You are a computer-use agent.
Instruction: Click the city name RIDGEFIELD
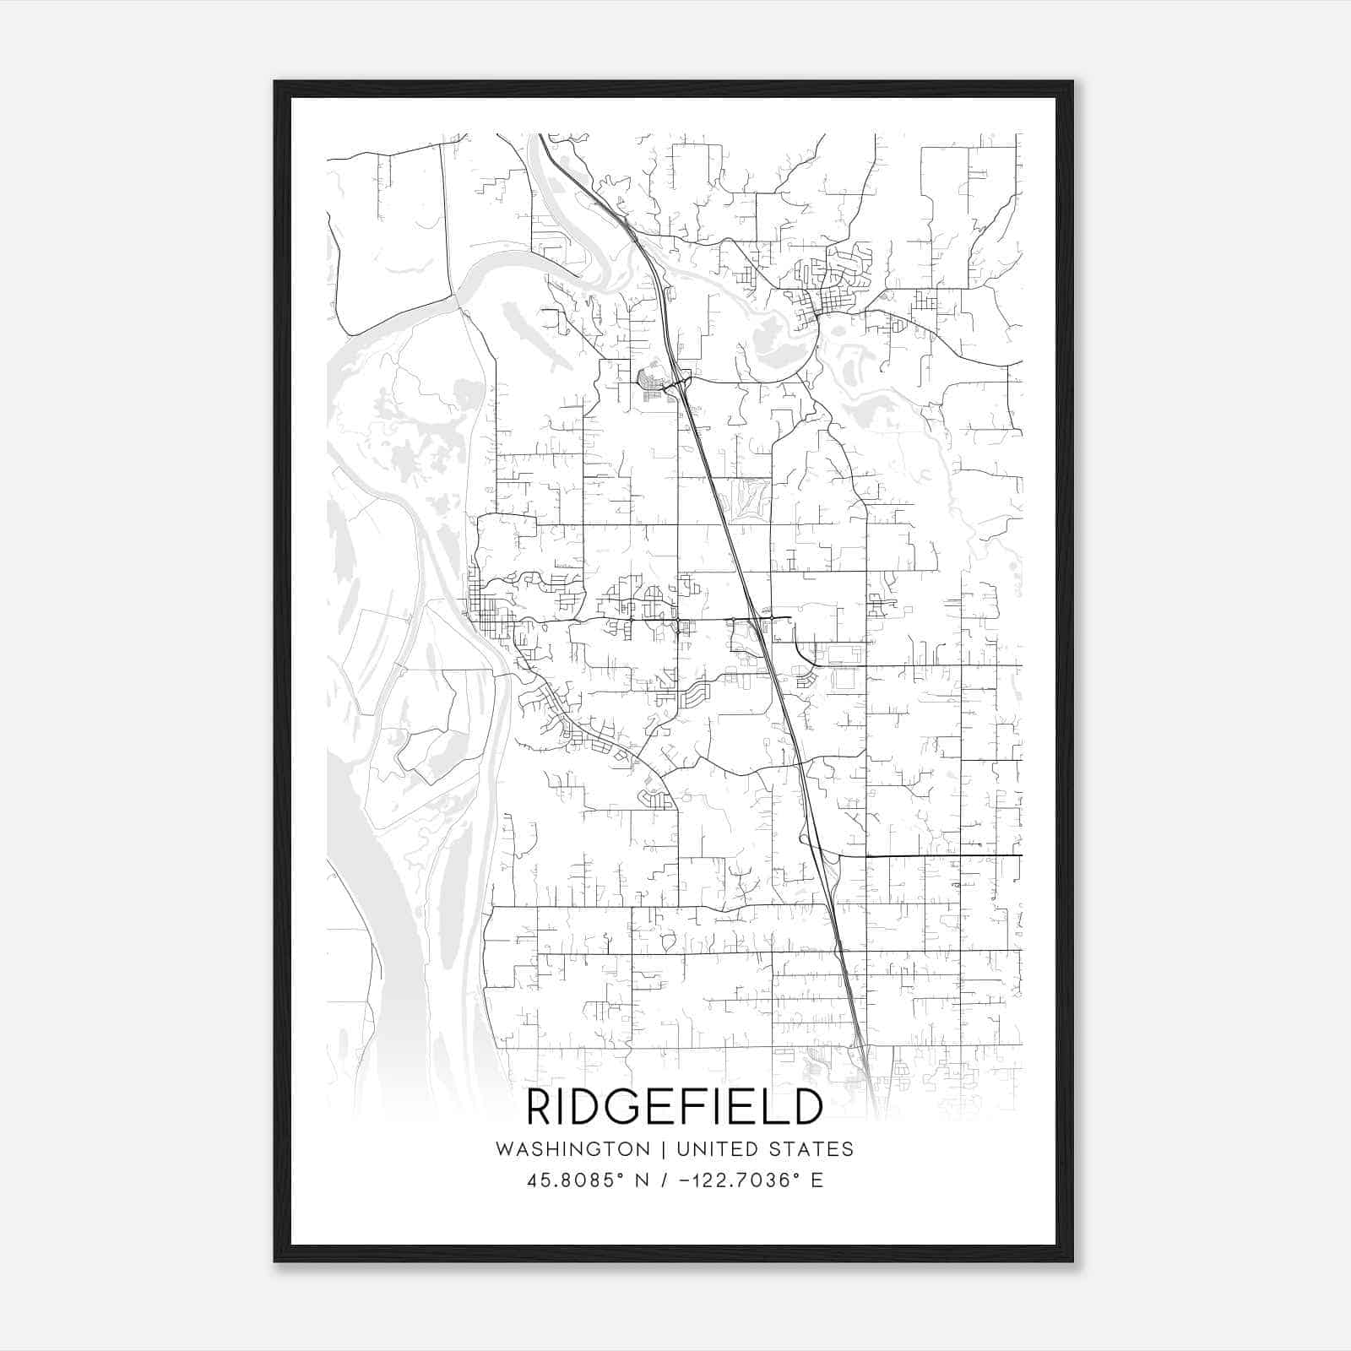(x=675, y=1107)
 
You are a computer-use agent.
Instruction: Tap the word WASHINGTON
(x=573, y=1149)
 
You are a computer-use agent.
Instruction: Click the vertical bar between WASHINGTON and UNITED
(x=664, y=1149)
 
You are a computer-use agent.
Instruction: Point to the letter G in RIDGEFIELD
(x=629, y=1107)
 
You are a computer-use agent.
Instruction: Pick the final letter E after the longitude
(x=817, y=1180)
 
